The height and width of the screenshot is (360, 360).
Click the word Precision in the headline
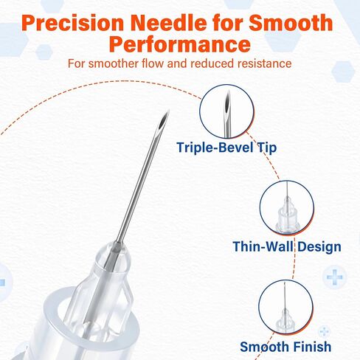click(x=72, y=23)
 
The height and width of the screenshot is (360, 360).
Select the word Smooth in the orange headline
click(x=291, y=23)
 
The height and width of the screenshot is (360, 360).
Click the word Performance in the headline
click(x=180, y=44)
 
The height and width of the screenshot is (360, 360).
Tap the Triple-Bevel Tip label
click(x=226, y=148)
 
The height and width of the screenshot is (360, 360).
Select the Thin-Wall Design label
click(x=287, y=246)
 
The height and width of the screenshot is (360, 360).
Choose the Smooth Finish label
click(x=285, y=347)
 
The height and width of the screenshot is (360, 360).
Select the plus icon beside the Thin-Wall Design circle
click(x=334, y=277)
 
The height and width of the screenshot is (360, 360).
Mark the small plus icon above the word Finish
click(x=324, y=331)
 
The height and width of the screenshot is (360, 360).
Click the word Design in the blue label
click(x=319, y=246)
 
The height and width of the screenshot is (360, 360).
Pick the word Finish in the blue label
click(x=312, y=347)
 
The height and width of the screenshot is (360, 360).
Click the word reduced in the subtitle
click(x=212, y=63)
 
